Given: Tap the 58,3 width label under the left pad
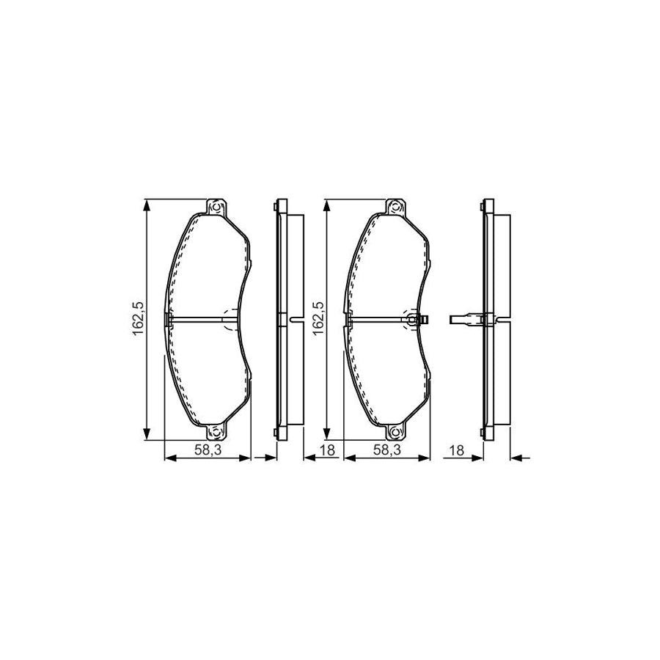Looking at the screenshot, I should click(x=208, y=450).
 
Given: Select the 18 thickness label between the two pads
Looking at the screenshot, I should click(x=327, y=450).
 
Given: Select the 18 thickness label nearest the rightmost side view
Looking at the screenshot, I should click(x=458, y=450).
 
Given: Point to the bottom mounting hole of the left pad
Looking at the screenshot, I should click(x=217, y=433).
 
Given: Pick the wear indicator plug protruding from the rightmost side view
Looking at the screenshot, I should click(x=461, y=319).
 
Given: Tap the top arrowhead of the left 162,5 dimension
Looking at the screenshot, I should click(x=149, y=205).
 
